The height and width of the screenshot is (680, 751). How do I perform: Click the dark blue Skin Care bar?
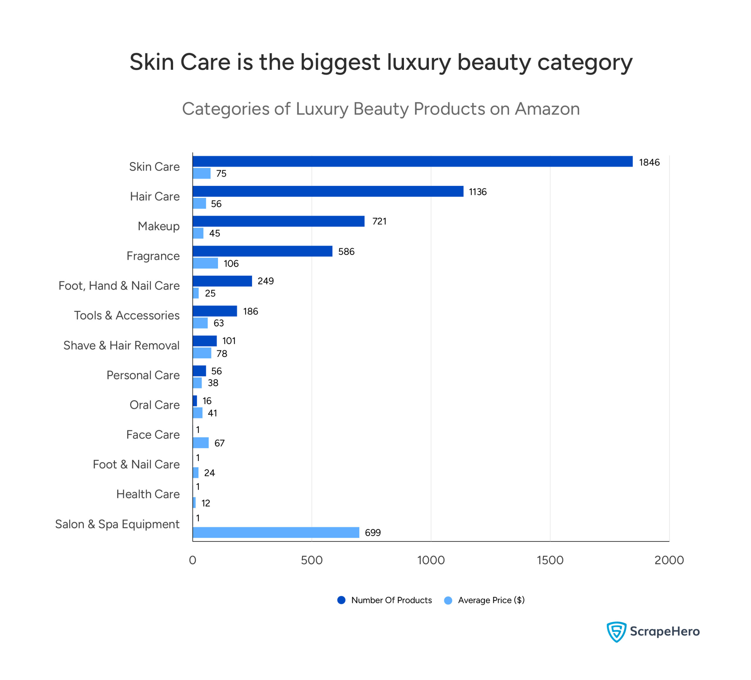point(412,161)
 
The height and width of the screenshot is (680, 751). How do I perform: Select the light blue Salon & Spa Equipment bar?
point(276,532)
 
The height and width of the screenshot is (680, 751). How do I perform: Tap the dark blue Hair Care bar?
point(328,191)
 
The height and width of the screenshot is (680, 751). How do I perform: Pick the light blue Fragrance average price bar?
point(205,263)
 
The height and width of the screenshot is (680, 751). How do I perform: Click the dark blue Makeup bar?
point(278,221)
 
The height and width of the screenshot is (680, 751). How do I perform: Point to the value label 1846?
point(649,162)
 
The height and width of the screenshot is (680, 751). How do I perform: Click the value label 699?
point(373,533)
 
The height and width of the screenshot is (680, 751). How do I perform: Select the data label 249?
point(265,281)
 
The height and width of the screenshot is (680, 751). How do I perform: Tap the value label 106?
point(231,264)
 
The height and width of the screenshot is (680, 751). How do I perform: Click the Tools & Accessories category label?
point(127,316)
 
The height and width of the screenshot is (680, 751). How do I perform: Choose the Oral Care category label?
point(155,405)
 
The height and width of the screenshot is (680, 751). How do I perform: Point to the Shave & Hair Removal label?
point(121,345)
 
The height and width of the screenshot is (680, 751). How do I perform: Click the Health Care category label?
point(148,494)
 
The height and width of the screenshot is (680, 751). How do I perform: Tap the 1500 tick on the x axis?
point(550,560)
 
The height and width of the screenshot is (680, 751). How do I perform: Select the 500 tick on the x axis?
point(312,560)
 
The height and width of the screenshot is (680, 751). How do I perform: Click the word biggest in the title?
point(340,62)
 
